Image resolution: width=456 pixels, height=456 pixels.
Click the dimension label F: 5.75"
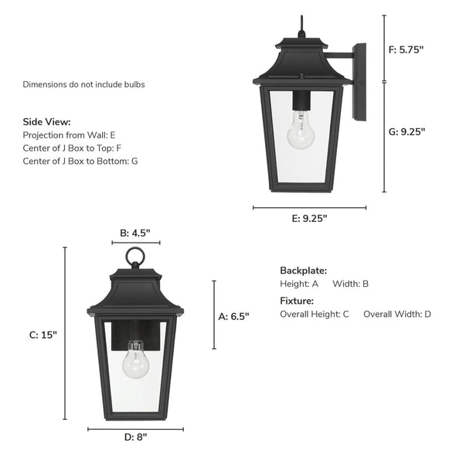pyautogui.click(x=406, y=49)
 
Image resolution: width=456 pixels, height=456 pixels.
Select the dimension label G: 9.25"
pyautogui.click(x=406, y=131)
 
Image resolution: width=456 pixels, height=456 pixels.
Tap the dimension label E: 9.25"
pyautogui.click(x=309, y=218)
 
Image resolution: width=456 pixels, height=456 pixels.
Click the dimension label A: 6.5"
pyautogui.click(x=234, y=315)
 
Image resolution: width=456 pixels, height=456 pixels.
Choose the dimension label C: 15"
pyautogui.click(x=43, y=335)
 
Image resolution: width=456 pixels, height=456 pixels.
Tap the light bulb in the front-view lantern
pyautogui.click(x=137, y=363)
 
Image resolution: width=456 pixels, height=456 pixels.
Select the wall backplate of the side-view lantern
pyautogui.click(x=359, y=82)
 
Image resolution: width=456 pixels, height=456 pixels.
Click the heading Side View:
pyautogui.click(x=46, y=122)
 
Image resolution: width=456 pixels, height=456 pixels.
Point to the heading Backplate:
pyautogui.click(x=303, y=271)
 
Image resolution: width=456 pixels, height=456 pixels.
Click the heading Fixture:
pyautogui.click(x=297, y=301)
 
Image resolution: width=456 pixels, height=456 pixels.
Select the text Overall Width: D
pyautogui.click(x=397, y=314)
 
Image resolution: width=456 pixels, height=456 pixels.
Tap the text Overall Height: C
pyautogui.click(x=315, y=314)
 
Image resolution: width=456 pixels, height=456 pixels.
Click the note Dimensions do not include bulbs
pyautogui.click(x=83, y=84)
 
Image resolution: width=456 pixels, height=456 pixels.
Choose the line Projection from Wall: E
pyautogui.click(x=70, y=135)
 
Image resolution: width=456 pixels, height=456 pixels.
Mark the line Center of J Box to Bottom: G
pyautogui.click(x=81, y=161)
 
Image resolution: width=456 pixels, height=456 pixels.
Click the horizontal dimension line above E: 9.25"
pyautogui.click(x=310, y=207)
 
